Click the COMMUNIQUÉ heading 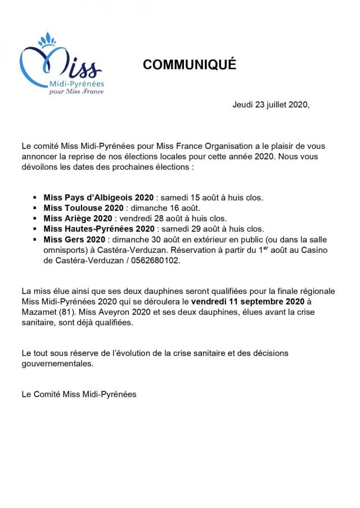(x=190, y=65)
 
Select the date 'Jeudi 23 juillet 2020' (x=271, y=105)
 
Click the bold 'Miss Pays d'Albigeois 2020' (x=98, y=198)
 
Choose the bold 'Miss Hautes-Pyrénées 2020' (x=98, y=229)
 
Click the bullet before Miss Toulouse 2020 (x=37, y=208)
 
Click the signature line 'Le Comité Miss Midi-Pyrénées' (x=79, y=394)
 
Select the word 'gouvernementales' (x=56, y=364)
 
